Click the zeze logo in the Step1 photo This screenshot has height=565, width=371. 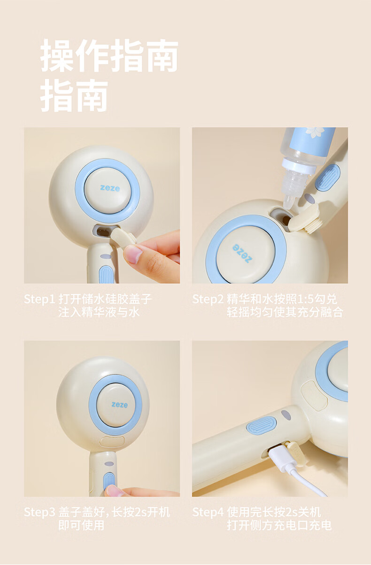[110, 188]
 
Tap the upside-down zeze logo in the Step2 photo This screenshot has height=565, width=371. [242, 253]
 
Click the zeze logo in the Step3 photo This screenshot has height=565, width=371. [119, 405]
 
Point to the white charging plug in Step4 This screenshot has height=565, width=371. [282, 458]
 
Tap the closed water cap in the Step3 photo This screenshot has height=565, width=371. [112, 441]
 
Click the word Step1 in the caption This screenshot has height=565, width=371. [39, 299]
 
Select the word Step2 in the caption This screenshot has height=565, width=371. [208, 299]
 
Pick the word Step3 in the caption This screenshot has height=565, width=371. [39, 512]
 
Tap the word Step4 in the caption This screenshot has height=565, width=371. [208, 512]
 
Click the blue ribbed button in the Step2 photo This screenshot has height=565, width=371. [328, 177]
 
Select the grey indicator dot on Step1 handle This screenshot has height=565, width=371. [106, 256]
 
